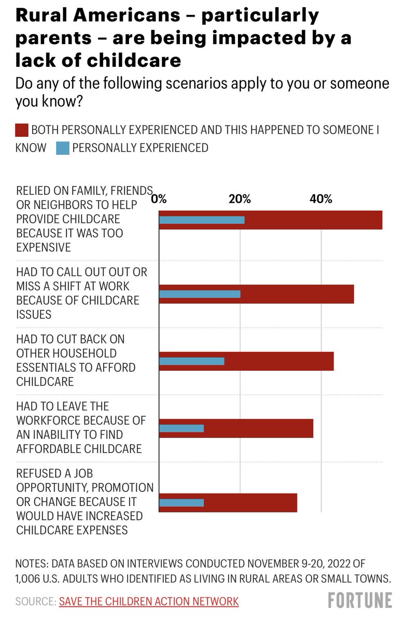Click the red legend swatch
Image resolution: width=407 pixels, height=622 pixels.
[21, 130]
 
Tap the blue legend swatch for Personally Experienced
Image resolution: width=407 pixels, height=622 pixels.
[62, 148]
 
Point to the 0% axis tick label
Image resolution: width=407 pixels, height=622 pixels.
[159, 199]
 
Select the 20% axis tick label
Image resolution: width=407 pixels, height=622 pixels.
[240, 199]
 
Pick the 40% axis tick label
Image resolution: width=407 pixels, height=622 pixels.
[320, 199]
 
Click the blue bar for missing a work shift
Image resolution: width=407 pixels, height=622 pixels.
[200, 294]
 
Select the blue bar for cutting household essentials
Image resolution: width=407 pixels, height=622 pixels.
[191, 361]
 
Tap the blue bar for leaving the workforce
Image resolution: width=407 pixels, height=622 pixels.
[181, 428]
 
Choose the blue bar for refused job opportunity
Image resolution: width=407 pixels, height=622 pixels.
[181, 502]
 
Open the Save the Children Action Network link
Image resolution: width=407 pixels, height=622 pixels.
[149, 601]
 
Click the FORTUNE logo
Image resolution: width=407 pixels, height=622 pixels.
[360, 600]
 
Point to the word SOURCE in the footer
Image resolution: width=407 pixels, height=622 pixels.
[35, 601]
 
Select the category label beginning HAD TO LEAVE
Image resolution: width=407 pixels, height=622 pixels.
[81, 428]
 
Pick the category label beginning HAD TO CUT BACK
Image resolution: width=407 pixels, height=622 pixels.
[76, 360]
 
